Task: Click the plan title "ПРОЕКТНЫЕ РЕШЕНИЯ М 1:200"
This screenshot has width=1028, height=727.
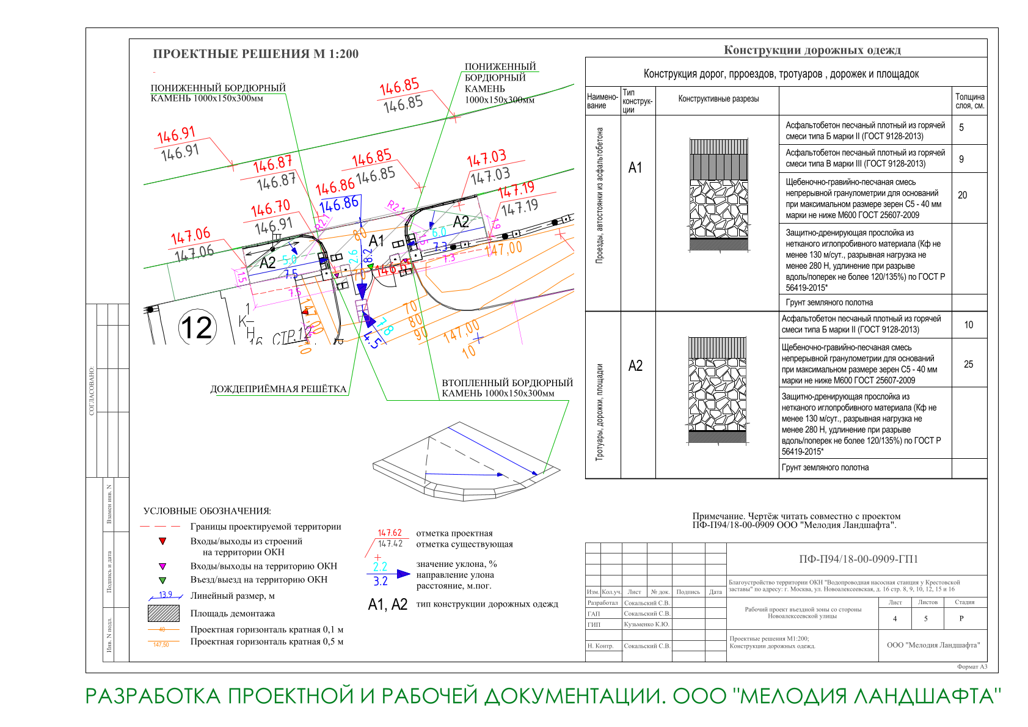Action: pyautogui.click(x=255, y=54)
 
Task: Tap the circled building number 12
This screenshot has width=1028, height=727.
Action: pyautogui.click(x=197, y=327)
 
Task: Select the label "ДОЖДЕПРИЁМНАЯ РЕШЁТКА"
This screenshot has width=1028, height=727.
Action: pyautogui.click(x=278, y=389)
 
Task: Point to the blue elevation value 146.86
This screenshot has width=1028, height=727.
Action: pyautogui.click(x=338, y=204)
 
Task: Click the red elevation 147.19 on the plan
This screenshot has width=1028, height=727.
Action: pyautogui.click(x=516, y=189)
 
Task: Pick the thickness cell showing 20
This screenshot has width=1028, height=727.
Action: pyautogui.click(x=963, y=195)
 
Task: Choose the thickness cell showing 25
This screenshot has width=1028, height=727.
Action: pyautogui.click(x=968, y=365)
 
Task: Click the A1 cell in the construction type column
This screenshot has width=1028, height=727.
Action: pyautogui.click(x=635, y=168)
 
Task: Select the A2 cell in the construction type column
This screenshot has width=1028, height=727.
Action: pyautogui.click(x=635, y=366)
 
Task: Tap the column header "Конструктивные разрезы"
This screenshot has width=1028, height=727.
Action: pyautogui.click(x=718, y=99)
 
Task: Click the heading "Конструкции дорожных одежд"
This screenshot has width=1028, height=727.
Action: pyautogui.click(x=812, y=50)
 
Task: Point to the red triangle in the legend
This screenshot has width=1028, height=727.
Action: pyautogui.click(x=162, y=541)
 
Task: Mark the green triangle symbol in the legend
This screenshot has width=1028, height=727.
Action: pyautogui.click(x=162, y=580)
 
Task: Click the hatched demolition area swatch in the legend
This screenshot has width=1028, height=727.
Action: pyautogui.click(x=163, y=613)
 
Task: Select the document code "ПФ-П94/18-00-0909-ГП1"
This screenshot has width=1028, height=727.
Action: pyautogui.click(x=858, y=559)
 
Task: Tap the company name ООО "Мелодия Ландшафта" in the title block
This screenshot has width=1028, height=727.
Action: pyautogui.click(x=933, y=645)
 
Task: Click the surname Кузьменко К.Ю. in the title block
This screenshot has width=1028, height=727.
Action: pyautogui.click(x=646, y=624)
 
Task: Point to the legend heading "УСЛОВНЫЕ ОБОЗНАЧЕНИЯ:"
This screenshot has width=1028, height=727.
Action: pyautogui.click(x=207, y=511)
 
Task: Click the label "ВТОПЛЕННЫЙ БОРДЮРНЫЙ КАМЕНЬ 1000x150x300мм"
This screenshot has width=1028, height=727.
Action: pyautogui.click(x=507, y=388)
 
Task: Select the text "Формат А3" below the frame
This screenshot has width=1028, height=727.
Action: pyautogui.click(x=972, y=667)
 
